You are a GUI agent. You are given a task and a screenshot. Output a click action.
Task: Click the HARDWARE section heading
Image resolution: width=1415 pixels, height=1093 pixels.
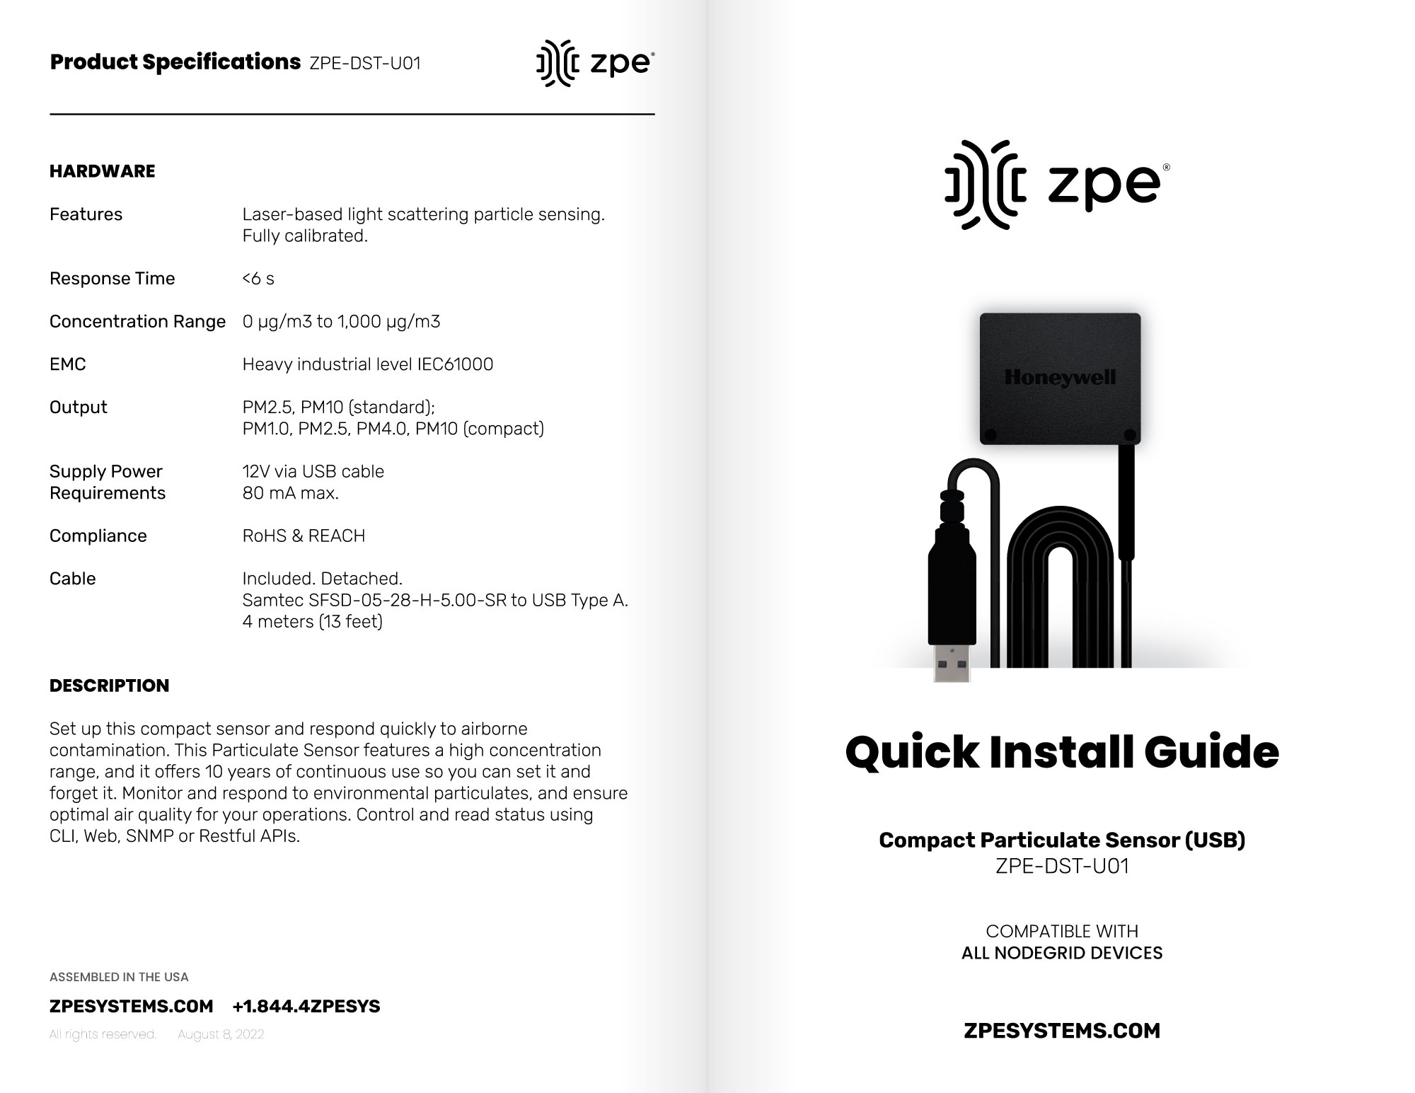(x=103, y=171)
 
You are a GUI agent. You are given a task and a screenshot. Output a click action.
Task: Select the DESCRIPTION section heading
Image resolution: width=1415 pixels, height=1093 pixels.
(x=110, y=686)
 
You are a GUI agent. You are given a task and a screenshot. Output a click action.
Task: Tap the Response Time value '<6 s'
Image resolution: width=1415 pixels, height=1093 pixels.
(x=258, y=279)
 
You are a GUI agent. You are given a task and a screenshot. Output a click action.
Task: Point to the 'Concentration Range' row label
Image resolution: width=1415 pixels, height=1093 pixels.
(x=137, y=322)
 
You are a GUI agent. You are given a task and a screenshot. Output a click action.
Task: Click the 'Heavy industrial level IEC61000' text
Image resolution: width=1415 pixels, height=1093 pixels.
(x=368, y=364)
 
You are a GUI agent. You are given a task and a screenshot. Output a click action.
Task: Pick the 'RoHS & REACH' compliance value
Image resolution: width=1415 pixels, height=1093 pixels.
(x=304, y=536)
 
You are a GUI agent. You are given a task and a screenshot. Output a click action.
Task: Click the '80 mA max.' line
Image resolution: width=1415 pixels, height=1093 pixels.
(x=290, y=493)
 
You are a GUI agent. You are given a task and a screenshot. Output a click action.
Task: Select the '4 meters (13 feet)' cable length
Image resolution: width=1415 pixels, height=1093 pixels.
(x=312, y=621)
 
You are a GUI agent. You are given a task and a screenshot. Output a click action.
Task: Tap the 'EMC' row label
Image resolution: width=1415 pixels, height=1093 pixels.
(x=68, y=364)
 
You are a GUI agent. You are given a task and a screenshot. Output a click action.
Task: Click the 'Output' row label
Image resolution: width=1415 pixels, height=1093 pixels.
(x=79, y=407)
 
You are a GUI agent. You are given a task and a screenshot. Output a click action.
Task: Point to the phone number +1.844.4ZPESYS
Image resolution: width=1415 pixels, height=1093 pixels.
(x=306, y=1006)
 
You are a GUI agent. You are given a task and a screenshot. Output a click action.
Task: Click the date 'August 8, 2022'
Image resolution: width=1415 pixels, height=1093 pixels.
(x=221, y=1034)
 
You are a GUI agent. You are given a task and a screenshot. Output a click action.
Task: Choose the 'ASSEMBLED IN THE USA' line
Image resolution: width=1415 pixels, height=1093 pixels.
(x=119, y=977)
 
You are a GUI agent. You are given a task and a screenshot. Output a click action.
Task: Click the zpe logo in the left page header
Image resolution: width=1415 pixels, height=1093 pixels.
(x=595, y=64)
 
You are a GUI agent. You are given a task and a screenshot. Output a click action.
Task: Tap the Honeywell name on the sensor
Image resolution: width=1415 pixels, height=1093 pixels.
(x=1060, y=377)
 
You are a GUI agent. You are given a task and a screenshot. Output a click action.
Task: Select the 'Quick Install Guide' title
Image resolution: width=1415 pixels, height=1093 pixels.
(x=1062, y=751)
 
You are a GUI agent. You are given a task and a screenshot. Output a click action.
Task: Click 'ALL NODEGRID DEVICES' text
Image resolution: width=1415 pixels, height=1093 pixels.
(x=1062, y=953)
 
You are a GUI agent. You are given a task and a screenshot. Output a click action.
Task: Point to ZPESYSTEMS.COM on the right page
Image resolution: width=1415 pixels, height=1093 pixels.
(x=1062, y=1031)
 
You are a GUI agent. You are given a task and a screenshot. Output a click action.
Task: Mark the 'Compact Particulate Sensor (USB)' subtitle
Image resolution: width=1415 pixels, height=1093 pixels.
(x=1062, y=840)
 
